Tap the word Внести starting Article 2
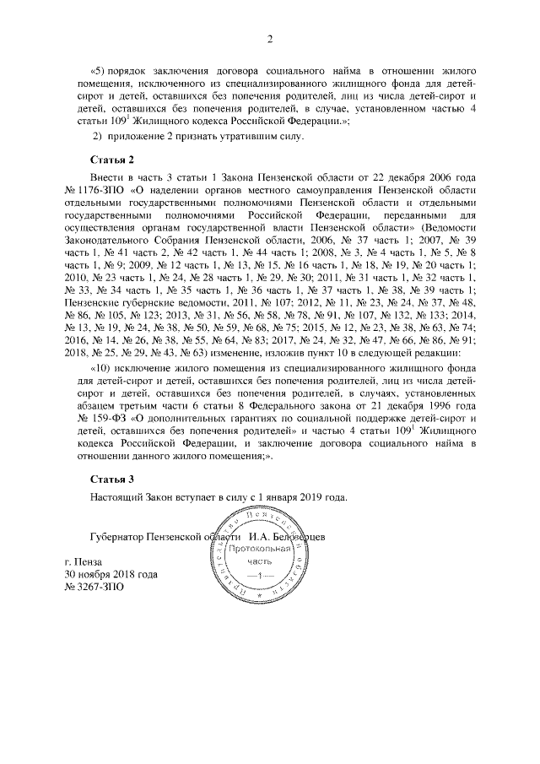[x=107, y=176]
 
